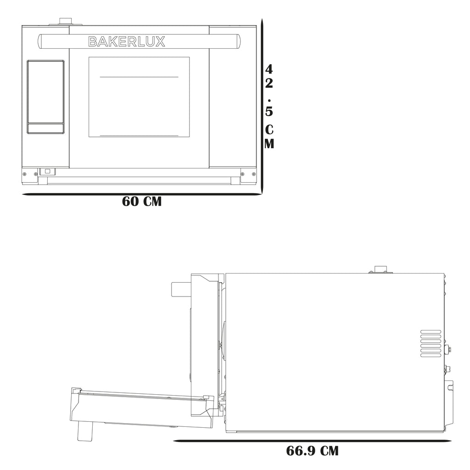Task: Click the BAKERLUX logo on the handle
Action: pyautogui.click(x=127, y=42)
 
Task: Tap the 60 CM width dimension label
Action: pyautogui.click(x=142, y=201)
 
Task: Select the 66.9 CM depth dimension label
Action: pyautogui.click(x=312, y=451)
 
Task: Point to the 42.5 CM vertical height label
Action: pyautogui.click(x=269, y=106)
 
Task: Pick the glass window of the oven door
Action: pyautogui.click(x=139, y=97)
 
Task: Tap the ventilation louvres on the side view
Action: pyautogui.click(x=431, y=343)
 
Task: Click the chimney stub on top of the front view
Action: pyautogui.click(x=65, y=22)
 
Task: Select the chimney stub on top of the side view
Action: pyautogui.click(x=380, y=269)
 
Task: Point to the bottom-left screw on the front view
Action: pyautogui.click(x=25, y=174)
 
